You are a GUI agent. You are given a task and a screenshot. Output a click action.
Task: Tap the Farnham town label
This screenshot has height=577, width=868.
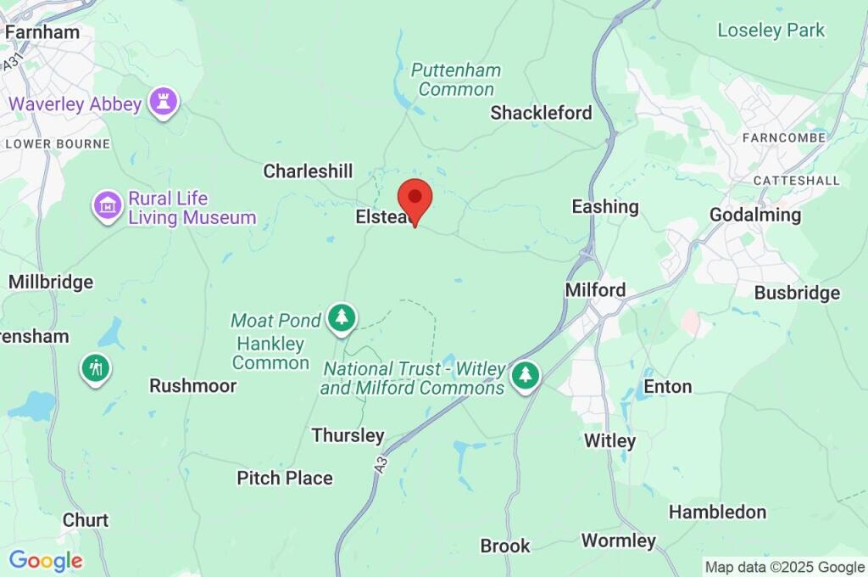click(x=42, y=32)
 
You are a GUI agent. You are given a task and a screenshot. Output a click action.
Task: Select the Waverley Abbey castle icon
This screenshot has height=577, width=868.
click(x=163, y=103)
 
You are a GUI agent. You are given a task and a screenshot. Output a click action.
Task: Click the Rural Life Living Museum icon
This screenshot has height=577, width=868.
click(x=108, y=204)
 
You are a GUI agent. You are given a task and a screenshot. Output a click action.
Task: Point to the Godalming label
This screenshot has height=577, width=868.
click(x=754, y=215)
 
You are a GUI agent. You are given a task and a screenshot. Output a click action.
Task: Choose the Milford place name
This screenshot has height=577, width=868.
click(x=595, y=290)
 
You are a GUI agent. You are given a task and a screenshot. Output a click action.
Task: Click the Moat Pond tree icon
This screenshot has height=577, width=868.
click(x=342, y=318)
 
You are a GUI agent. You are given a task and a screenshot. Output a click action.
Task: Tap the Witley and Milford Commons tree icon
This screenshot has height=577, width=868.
click(x=526, y=375)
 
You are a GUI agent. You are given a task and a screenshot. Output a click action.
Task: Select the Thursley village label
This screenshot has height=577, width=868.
click(x=348, y=435)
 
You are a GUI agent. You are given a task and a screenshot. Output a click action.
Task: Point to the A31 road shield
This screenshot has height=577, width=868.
click(x=12, y=62)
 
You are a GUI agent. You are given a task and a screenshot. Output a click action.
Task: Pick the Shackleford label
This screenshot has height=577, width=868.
click(x=541, y=113)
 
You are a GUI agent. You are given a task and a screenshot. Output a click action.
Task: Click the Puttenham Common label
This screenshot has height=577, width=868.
click(x=456, y=80)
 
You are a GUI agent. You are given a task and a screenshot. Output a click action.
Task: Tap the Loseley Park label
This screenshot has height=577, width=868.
click(x=771, y=31)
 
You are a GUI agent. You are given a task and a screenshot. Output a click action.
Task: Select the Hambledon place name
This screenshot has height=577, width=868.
click(x=717, y=512)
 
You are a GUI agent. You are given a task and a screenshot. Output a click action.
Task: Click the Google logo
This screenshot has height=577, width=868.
click(x=46, y=561)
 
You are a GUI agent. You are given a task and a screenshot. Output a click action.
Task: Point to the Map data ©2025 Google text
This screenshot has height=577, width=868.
click(x=785, y=567)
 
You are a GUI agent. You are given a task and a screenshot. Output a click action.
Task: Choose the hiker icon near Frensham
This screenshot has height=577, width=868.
click(x=95, y=369)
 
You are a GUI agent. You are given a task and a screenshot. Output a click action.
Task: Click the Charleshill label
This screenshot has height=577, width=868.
click(x=308, y=171)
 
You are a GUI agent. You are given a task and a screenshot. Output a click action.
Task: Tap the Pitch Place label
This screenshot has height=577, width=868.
click(x=284, y=478)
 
